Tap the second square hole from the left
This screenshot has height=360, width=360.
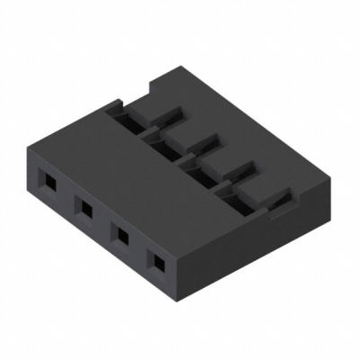click(x=85, y=209)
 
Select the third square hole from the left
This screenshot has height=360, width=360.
click(x=120, y=234)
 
